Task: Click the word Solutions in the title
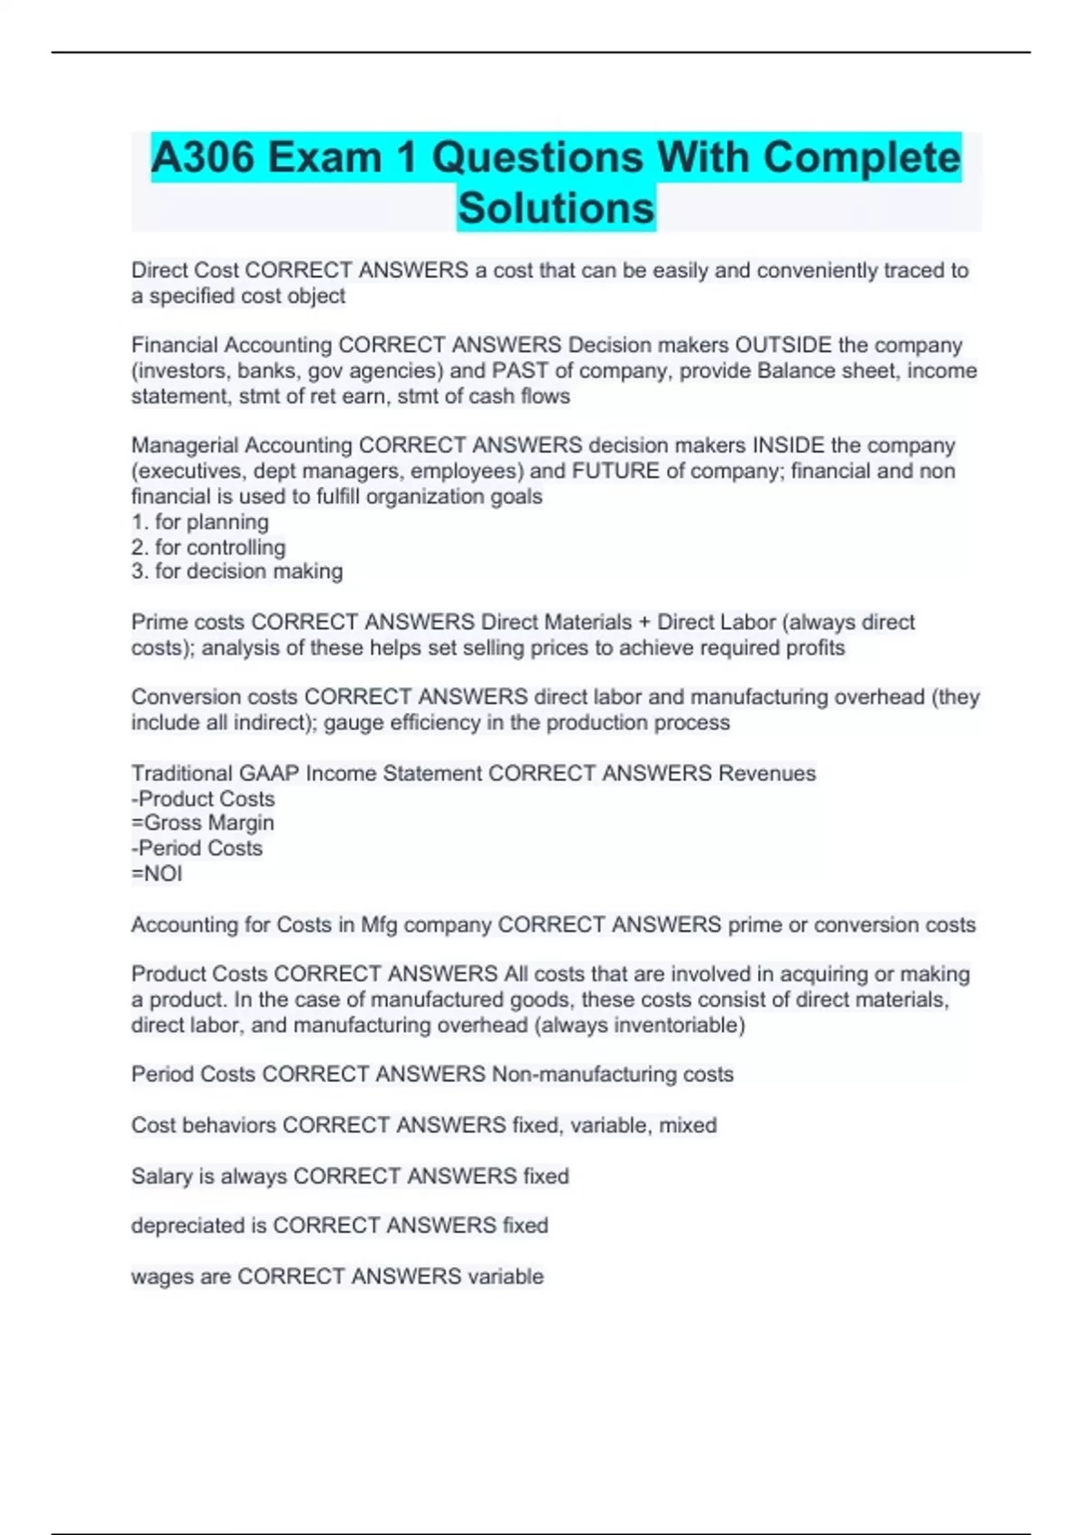(556, 208)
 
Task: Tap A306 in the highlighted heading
(203, 157)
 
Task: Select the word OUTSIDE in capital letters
(783, 345)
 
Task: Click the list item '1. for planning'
(200, 522)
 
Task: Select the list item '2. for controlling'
(208, 547)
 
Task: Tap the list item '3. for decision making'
(237, 572)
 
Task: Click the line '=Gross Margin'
(203, 823)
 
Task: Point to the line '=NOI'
(157, 873)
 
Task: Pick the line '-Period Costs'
(197, 848)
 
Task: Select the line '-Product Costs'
(203, 798)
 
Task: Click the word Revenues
(767, 773)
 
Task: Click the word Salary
(160, 1176)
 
